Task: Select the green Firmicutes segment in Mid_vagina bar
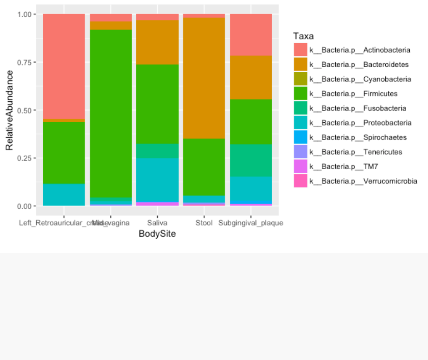(x=111, y=114)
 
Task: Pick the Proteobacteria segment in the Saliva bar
(x=158, y=180)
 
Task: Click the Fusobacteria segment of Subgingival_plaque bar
(x=251, y=160)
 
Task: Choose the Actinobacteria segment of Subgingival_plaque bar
(x=251, y=35)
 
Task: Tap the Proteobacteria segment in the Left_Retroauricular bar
(x=64, y=194)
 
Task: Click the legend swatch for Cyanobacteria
(x=300, y=79)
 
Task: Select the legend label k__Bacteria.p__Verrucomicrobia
(x=363, y=181)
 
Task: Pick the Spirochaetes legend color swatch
(x=300, y=137)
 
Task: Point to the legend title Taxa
(x=303, y=36)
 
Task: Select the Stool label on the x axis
(x=204, y=223)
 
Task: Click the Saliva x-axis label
(x=158, y=223)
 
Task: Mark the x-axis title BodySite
(x=157, y=234)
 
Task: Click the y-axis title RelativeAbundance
(x=9, y=110)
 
